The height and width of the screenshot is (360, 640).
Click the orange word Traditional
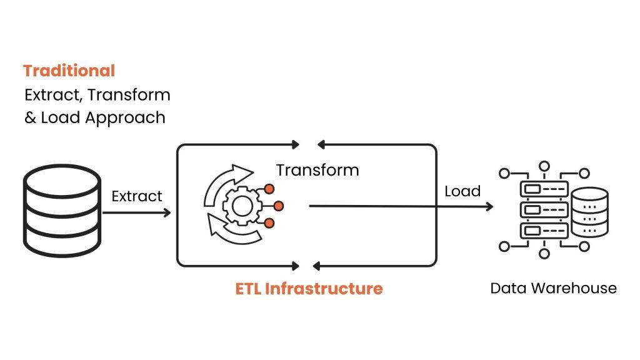[x=69, y=71]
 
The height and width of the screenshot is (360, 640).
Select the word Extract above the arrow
[x=137, y=196]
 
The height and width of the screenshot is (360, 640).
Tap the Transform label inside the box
[x=317, y=170]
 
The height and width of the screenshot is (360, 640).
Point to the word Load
[x=462, y=191]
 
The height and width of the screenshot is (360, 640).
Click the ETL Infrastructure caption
[x=309, y=289]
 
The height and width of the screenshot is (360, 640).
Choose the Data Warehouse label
[x=553, y=288]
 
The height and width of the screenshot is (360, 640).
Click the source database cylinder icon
[x=61, y=205]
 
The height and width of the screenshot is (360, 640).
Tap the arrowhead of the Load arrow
[x=489, y=205]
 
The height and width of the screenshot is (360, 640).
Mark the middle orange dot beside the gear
[x=279, y=205]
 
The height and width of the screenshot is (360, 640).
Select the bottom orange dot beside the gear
[x=269, y=223]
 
